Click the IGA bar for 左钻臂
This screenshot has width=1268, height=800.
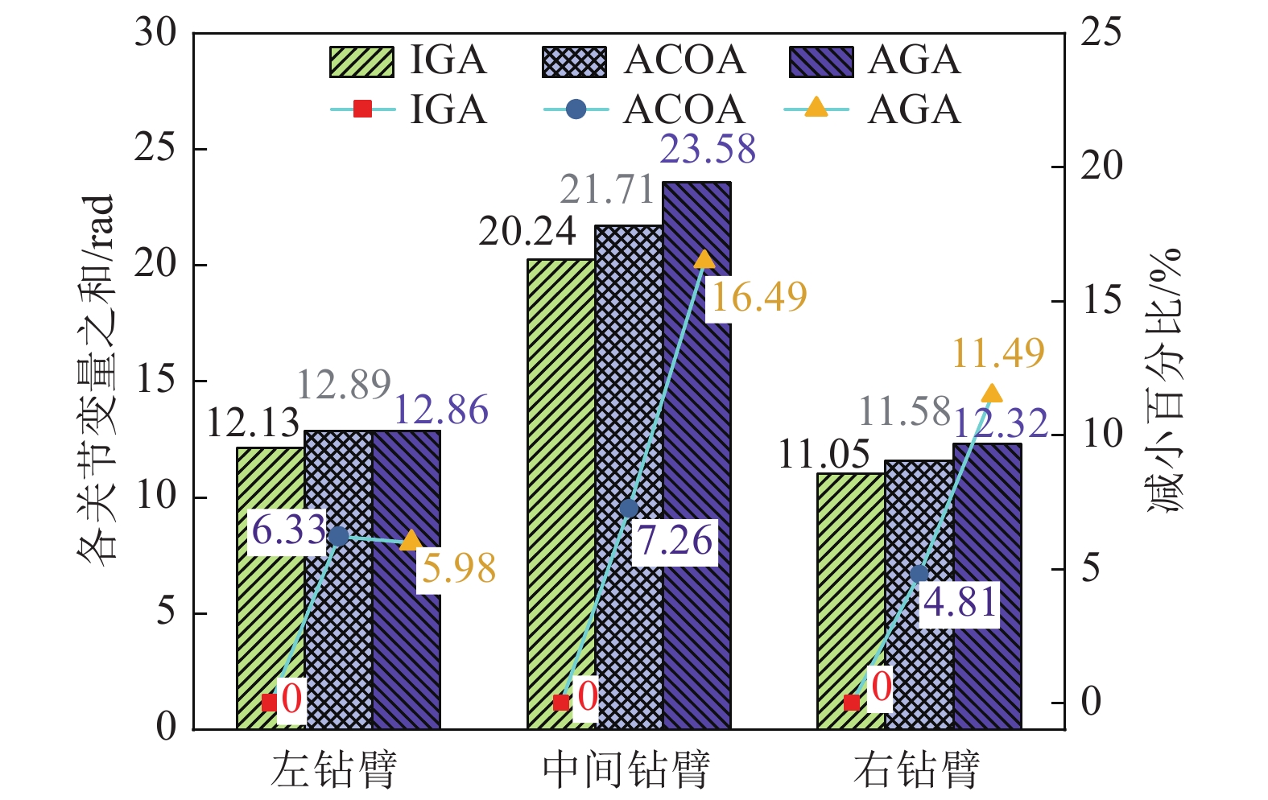pos(270,588)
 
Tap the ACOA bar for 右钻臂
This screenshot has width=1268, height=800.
pos(919,596)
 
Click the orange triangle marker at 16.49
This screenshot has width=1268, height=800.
pos(704,259)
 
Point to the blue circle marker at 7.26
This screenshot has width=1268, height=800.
pos(630,508)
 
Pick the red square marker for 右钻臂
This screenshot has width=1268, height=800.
pos(852,703)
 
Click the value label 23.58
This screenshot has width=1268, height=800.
pos(708,150)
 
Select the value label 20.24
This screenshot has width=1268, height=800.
pos(527,232)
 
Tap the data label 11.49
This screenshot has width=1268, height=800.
pos(998,353)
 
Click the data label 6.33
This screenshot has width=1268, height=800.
pos(288,530)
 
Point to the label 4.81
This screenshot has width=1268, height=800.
pos(960,603)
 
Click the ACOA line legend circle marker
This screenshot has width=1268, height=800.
pos(576,109)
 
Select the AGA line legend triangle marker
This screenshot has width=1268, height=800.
pos(816,108)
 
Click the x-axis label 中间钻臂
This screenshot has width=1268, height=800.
pos(626,769)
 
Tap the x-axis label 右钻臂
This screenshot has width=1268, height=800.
pos(917,769)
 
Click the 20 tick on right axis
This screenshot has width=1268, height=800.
pos(1101,167)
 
